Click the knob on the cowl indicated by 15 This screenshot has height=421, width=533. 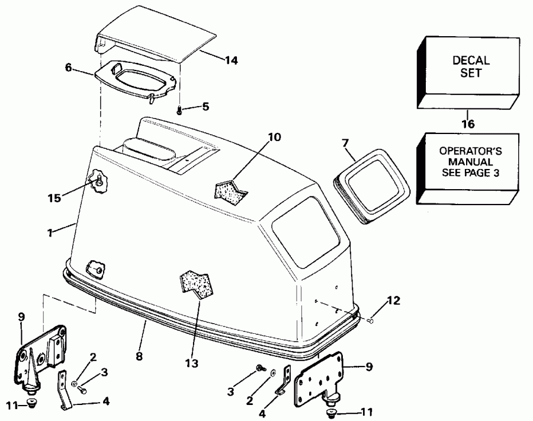coord(98,178)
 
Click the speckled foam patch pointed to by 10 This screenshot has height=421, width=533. coord(230,191)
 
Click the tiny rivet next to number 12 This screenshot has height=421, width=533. coord(371,321)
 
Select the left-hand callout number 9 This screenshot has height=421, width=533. coord(22,317)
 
